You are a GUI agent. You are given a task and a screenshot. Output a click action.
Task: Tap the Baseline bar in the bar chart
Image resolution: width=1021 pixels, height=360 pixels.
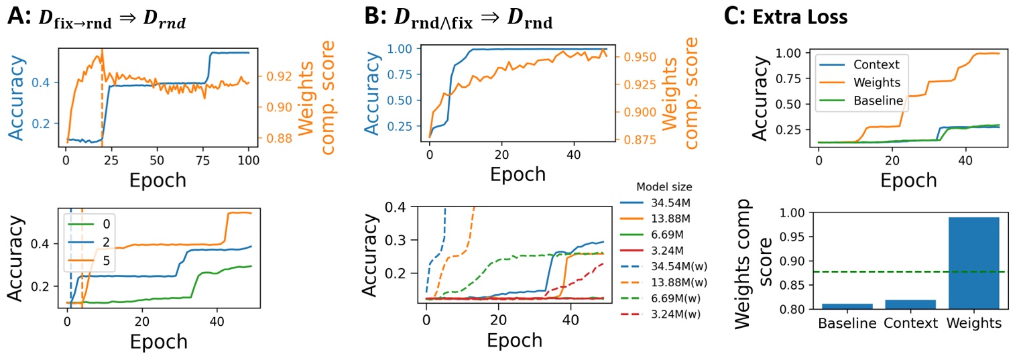pyautogui.click(x=845, y=306)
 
